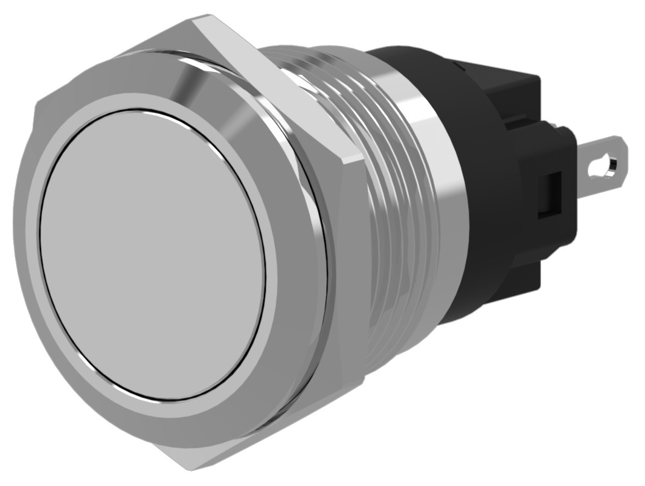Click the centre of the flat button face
tap(153, 254)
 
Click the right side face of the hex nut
tap(353, 272)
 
